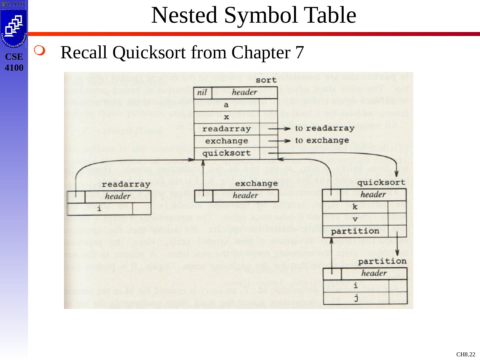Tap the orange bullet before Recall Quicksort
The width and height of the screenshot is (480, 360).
[x=39, y=52]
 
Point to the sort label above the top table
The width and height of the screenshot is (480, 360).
[x=266, y=80]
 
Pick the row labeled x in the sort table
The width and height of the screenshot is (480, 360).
[x=226, y=117]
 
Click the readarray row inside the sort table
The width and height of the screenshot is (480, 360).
[x=227, y=129]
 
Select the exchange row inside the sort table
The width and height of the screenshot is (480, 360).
[x=227, y=141]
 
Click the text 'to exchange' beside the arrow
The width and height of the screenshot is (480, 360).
[x=322, y=140]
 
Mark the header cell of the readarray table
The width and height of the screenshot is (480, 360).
[x=117, y=196]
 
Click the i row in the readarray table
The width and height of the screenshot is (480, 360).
[x=99, y=209]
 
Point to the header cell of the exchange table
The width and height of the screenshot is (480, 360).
[x=245, y=195]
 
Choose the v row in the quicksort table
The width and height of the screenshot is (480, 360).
[x=355, y=219]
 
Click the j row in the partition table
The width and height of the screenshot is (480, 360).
[x=356, y=297]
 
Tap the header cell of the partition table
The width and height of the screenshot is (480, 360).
[x=374, y=274]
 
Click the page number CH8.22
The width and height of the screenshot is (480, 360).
[x=466, y=354]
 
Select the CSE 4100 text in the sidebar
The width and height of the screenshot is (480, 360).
[x=14, y=62]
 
